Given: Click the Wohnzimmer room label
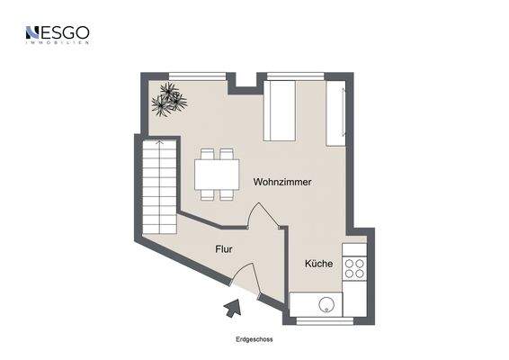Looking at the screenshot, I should click(x=282, y=182).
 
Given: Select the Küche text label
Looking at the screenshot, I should click(x=318, y=264).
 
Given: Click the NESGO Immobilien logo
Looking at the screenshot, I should click(x=58, y=35).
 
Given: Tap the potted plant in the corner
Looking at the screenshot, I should click(x=167, y=99).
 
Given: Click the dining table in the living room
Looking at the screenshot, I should click(x=218, y=173).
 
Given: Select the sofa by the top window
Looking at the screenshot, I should click(x=280, y=111).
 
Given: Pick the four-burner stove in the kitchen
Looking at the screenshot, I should click(x=354, y=268).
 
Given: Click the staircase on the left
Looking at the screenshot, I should click(x=158, y=185).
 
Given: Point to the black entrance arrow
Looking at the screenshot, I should click(x=232, y=310).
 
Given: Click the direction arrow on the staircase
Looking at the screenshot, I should click(x=158, y=147).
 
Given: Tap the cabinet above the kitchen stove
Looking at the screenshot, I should click(x=354, y=247).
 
